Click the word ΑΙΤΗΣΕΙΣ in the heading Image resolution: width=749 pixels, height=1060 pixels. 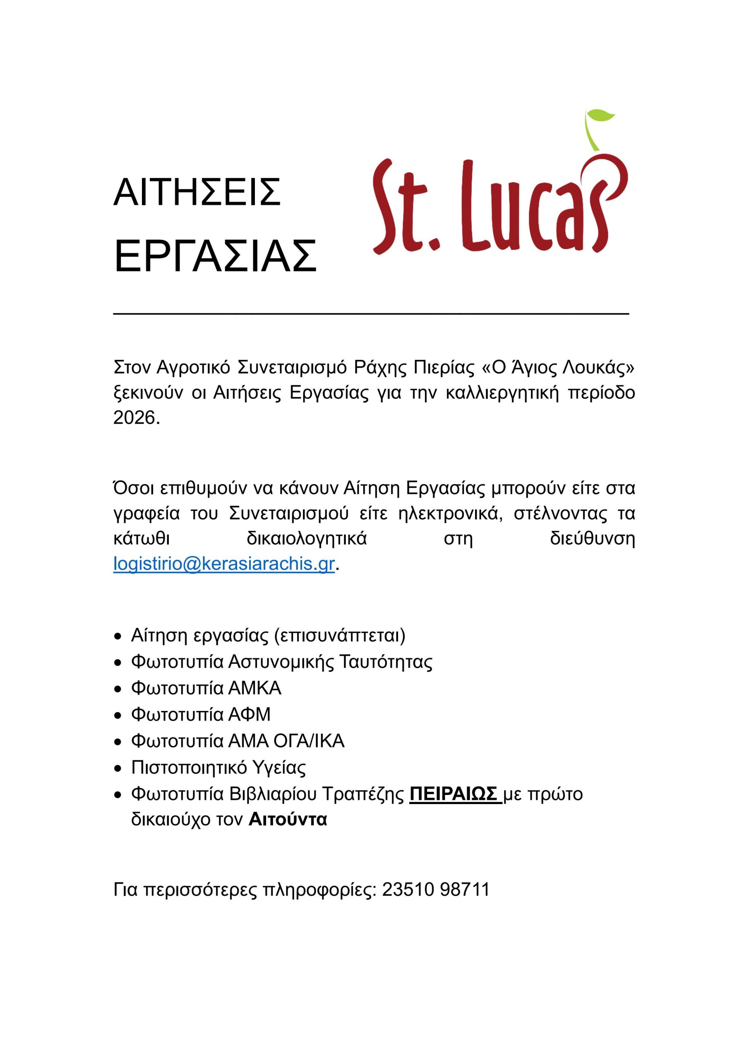[x=197, y=193]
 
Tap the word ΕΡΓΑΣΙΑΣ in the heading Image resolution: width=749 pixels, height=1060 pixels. [x=215, y=256]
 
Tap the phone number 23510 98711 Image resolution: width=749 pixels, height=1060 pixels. [x=436, y=889]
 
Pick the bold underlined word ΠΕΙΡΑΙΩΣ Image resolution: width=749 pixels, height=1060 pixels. [x=453, y=794]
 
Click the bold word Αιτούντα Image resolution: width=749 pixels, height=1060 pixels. [x=288, y=819]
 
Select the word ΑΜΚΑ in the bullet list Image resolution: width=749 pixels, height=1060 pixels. [x=255, y=688]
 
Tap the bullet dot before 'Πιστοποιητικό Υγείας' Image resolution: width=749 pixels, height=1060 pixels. [x=118, y=768]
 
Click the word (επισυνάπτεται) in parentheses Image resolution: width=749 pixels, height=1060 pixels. [x=340, y=635]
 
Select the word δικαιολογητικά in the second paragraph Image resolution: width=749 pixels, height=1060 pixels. [x=307, y=538]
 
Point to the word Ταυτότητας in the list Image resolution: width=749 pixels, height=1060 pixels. [x=386, y=662]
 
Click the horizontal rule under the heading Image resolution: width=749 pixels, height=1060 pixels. [x=371, y=314]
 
